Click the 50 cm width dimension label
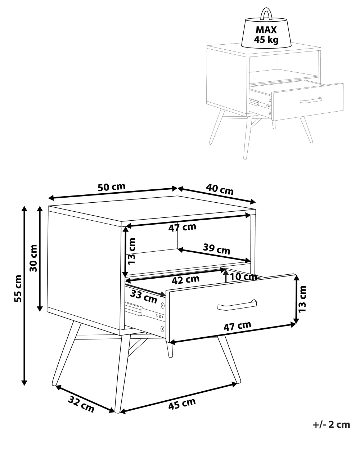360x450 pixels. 112,187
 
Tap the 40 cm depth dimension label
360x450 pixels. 220,189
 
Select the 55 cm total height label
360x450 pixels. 18,289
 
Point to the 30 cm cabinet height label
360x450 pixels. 33,258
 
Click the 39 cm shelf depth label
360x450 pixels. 216,249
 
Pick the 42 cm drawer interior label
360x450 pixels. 185,280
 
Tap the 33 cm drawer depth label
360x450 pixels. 144,297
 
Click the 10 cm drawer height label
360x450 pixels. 243,276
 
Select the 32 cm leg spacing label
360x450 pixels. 81,404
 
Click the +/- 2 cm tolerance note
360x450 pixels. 331,425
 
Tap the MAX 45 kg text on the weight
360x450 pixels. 266,35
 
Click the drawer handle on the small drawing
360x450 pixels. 311,100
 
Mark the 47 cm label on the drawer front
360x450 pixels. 237,326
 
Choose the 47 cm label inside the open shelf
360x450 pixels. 182,227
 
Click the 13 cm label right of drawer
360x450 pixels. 302,299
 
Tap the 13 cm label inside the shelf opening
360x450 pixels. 131,251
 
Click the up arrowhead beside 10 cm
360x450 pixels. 225,272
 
